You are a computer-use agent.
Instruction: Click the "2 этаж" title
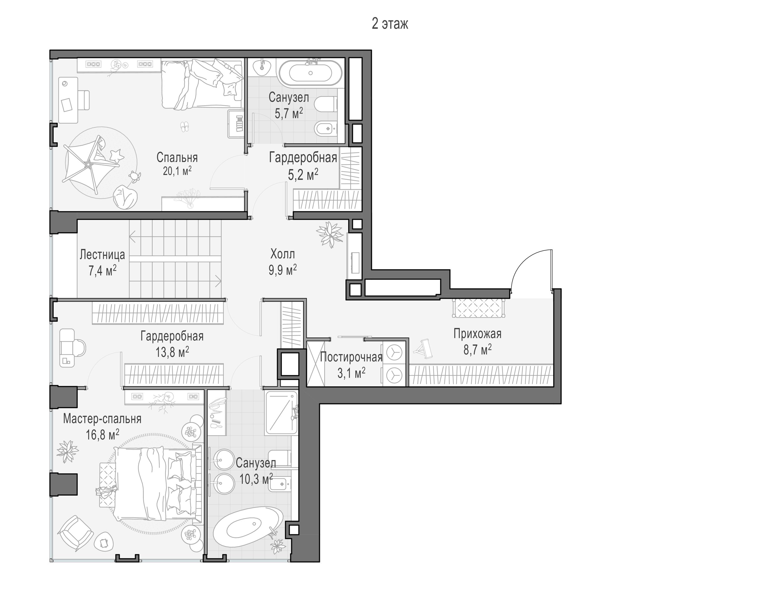pos(389,24)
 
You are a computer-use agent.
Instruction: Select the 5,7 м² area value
pos(289,113)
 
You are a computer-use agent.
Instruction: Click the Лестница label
pos(102,255)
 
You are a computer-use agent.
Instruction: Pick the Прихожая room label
pos(477,334)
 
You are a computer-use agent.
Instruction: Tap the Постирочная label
pos(351,357)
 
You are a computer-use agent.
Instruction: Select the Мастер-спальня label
pos(102,419)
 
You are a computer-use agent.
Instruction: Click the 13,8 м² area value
pos(172,352)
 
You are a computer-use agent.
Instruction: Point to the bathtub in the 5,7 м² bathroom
pos(310,73)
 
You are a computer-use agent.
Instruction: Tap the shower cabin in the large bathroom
pos(281,412)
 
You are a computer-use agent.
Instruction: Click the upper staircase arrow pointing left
pos(175,236)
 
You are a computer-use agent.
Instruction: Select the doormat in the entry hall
pos(478,308)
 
